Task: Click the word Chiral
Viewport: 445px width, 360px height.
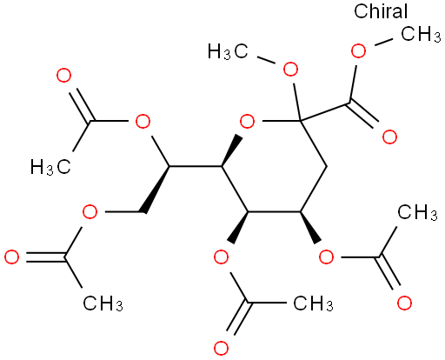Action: (381, 11)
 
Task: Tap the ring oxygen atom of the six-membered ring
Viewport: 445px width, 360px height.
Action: (248, 121)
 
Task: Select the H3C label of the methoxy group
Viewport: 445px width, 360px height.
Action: (228, 51)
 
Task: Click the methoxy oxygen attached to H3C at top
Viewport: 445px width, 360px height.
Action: (290, 69)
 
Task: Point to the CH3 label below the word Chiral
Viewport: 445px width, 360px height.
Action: (421, 34)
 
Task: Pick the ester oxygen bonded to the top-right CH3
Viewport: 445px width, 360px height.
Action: (358, 51)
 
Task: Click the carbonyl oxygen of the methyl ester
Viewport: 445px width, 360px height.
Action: (389, 137)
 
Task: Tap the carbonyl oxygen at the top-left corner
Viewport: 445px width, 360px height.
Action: (63, 76)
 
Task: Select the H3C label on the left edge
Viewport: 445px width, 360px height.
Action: (50, 167)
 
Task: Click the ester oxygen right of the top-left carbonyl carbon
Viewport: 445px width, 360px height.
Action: (143, 121)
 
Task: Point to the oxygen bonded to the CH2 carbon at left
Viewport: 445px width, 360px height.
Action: (90, 212)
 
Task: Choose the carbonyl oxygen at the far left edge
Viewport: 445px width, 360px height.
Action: (12, 257)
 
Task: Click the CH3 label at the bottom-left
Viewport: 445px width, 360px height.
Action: (103, 303)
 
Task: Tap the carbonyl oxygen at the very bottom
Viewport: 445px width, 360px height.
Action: (221, 348)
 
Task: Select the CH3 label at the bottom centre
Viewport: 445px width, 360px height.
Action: (313, 303)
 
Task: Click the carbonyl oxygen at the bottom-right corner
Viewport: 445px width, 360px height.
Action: (404, 303)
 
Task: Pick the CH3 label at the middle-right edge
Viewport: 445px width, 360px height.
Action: (417, 212)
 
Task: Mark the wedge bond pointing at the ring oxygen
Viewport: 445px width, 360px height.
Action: (232, 150)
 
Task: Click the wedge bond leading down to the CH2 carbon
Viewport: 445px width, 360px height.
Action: (156, 190)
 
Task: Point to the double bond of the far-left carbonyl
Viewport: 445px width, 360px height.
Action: (45, 257)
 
